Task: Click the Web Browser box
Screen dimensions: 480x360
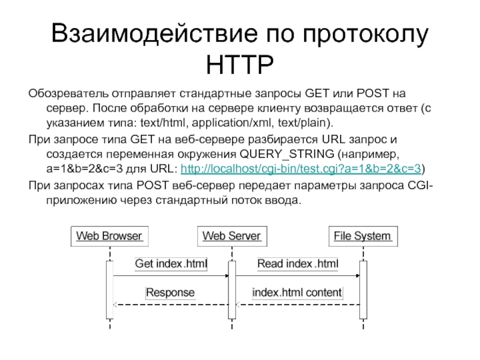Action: tap(109, 235)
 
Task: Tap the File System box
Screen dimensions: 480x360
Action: tap(362, 235)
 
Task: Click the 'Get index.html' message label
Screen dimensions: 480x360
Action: tap(170, 263)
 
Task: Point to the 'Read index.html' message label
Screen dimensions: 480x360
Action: tap(298, 263)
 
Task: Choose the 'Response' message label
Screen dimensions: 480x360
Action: tap(170, 293)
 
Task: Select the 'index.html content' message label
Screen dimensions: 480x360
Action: tap(297, 293)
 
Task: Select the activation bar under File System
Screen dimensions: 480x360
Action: tap(363, 287)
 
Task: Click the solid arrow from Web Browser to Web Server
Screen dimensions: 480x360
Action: tap(170, 275)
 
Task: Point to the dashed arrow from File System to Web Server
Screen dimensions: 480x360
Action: tap(297, 305)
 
